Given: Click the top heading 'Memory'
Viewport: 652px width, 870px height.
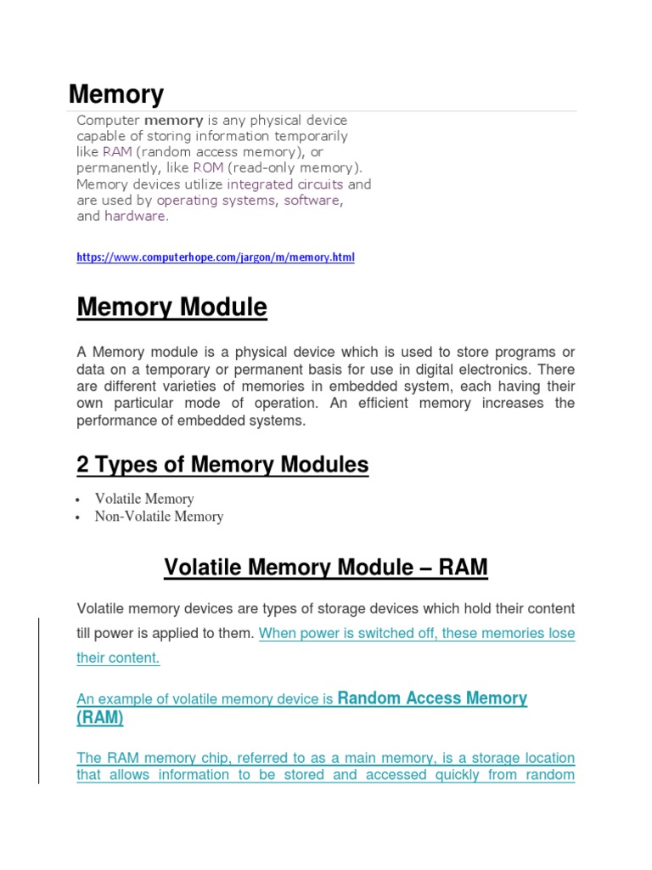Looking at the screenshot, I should coord(115,94).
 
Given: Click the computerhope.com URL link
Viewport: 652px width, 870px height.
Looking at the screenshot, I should coord(216,257).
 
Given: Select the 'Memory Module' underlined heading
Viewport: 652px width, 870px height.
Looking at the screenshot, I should coord(171,308).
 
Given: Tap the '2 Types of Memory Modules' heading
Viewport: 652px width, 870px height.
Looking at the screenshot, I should coord(222,465).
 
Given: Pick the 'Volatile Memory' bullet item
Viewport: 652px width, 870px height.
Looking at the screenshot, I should coord(144,499).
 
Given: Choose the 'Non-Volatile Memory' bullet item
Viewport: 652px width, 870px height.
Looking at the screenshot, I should coord(159,516).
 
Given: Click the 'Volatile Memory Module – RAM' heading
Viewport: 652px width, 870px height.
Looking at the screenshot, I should coord(325,567).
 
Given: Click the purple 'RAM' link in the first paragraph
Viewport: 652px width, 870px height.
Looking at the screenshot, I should coord(117,152).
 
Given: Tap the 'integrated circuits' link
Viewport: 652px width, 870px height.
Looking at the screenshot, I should coord(285,184).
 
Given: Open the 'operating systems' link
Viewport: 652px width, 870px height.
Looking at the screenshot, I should coord(216,201).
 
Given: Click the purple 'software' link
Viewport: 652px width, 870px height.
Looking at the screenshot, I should coord(312,201).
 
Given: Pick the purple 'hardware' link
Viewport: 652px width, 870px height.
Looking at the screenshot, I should coord(135,217).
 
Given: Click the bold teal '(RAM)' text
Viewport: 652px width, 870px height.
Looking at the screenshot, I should coord(100,718).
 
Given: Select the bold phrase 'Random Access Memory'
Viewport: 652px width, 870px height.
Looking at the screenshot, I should coord(432,698).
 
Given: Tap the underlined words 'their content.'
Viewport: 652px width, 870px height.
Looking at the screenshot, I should coord(118,658).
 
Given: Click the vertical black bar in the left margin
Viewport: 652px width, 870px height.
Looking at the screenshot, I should coord(39,688).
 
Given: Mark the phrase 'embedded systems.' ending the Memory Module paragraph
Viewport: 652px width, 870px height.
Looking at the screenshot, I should coord(251,421).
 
